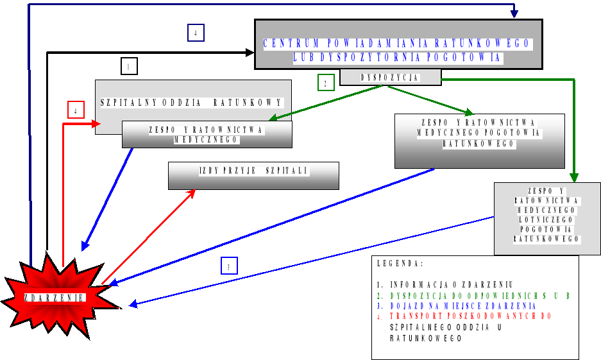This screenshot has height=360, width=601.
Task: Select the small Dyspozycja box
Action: [x=390, y=78]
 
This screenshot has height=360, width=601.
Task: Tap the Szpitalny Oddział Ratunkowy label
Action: [x=192, y=102]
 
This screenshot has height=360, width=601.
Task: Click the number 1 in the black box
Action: [x=129, y=66]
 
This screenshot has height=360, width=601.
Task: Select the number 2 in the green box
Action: [x=326, y=83]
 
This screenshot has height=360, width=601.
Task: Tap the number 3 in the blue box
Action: [x=229, y=266]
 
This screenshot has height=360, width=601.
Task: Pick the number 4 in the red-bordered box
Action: [x=76, y=110]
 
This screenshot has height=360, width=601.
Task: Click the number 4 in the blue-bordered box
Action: [x=196, y=33]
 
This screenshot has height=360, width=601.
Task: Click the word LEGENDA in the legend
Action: [x=400, y=264]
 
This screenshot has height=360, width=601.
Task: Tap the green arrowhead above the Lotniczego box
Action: [x=574, y=178]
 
